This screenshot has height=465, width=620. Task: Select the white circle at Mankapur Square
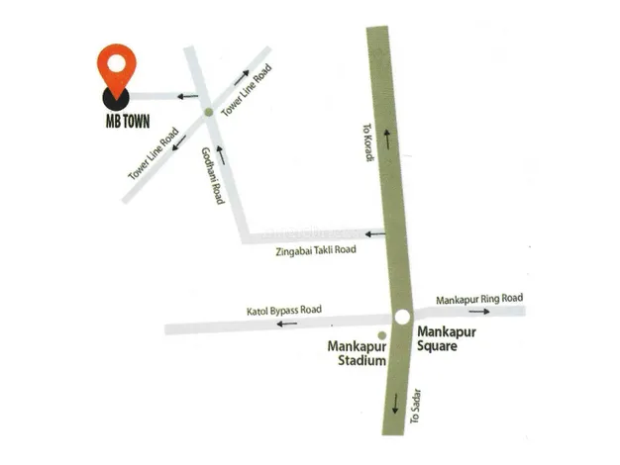[402, 318]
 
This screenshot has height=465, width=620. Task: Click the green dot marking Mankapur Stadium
[381, 335]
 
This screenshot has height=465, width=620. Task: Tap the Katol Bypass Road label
[284, 311]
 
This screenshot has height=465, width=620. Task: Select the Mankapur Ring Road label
[479, 299]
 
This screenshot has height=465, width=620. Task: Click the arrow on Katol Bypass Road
[287, 324]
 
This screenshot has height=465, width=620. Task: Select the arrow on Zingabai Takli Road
[374, 234]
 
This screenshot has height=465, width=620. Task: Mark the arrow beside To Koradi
[387, 141]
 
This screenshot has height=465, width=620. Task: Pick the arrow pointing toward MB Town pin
[186, 96]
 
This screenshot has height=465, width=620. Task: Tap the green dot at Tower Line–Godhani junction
[208, 112]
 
